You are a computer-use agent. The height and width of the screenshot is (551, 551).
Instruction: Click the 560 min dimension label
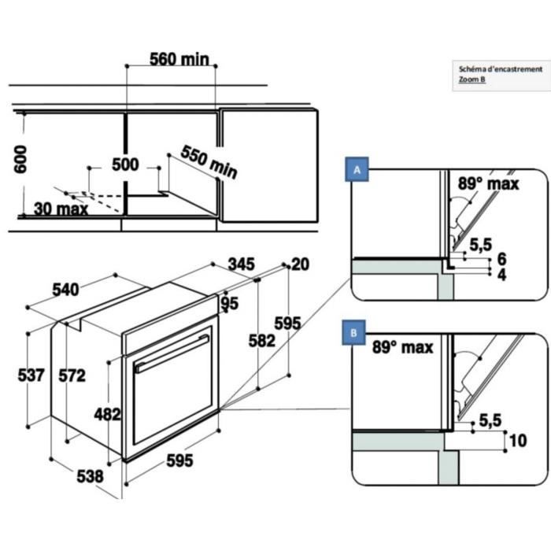pyautogui.click(x=179, y=59)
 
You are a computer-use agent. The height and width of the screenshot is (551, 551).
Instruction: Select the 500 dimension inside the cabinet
pyautogui.click(x=125, y=165)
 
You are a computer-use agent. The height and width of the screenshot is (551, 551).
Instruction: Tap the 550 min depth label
pyautogui.click(x=209, y=161)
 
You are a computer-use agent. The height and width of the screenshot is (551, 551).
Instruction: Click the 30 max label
pyautogui.click(x=61, y=209)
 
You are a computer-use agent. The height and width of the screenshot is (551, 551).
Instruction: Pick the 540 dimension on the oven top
pyautogui.click(x=65, y=289)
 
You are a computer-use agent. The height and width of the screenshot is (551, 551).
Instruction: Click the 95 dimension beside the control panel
pyautogui.click(x=229, y=304)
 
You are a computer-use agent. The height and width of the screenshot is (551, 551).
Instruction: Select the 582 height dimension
pyautogui.click(x=261, y=340)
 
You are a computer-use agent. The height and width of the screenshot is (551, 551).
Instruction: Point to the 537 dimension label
pyautogui.click(x=31, y=375)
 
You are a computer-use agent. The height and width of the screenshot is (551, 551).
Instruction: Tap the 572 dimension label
pyautogui.click(x=72, y=375)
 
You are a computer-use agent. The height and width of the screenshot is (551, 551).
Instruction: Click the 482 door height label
pyautogui.click(x=108, y=413)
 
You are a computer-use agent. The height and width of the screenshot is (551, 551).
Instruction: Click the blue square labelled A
pyautogui.click(x=357, y=170)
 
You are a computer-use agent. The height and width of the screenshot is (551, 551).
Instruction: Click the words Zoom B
pyautogui.click(x=472, y=79)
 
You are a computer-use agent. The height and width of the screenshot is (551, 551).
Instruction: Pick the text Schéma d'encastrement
pyautogui.click(x=500, y=68)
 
